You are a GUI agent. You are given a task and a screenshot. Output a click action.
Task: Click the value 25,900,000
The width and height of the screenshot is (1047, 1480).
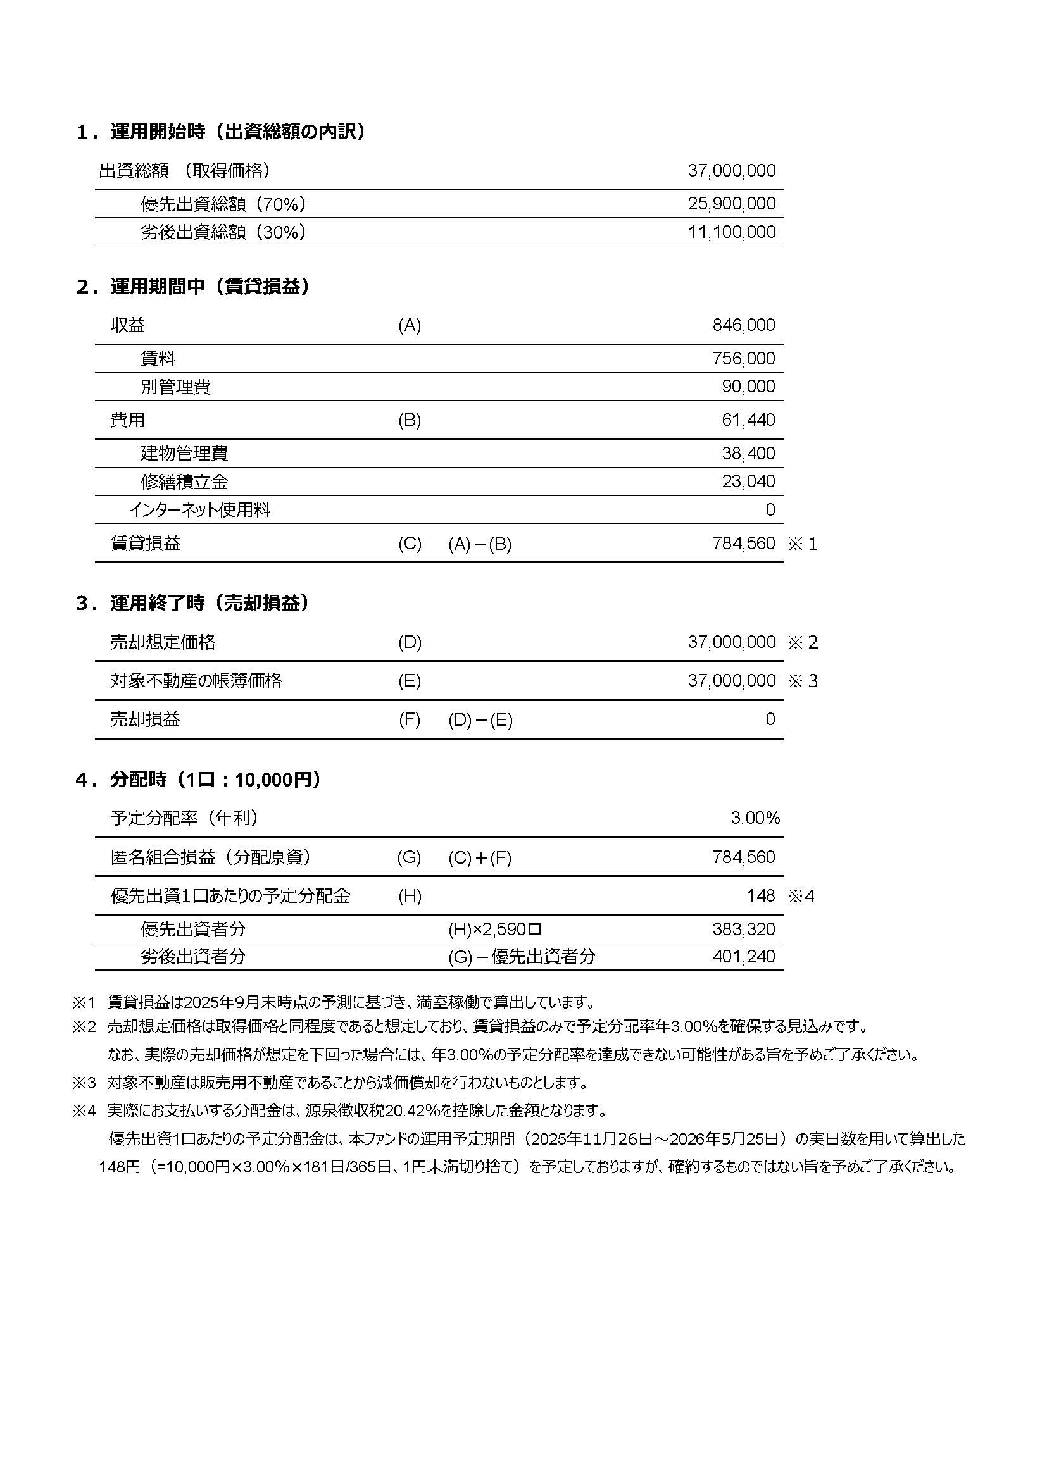pyautogui.click(x=731, y=204)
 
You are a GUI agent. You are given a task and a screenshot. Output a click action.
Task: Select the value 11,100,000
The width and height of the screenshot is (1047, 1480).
pyautogui.click(x=731, y=232)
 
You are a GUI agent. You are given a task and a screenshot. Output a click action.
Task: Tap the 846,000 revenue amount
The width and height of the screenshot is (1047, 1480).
pyautogui.click(x=743, y=325)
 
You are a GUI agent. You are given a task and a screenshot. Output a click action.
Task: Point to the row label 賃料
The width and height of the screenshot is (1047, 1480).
pyautogui.click(x=158, y=358)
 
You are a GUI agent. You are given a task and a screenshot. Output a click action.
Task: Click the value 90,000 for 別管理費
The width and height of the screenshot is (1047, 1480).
pyautogui.click(x=748, y=387)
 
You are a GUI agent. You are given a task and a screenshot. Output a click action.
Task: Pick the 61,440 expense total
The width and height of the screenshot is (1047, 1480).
pyautogui.click(x=748, y=420)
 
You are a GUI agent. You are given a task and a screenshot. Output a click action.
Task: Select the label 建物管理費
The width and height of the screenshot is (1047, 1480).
pyautogui.click(x=184, y=454)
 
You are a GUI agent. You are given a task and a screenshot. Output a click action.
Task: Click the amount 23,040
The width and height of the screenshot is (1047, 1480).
pyautogui.click(x=748, y=482)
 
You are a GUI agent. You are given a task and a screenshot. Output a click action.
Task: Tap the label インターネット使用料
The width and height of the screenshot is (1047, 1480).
pyautogui.click(x=199, y=511)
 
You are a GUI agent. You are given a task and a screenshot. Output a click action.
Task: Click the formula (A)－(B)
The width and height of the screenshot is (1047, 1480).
pyautogui.click(x=480, y=545)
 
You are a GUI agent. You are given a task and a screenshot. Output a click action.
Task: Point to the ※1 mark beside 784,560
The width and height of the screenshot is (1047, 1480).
pyautogui.click(x=803, y=544)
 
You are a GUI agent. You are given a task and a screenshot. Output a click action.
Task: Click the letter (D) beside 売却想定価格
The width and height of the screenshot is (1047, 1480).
pyautogui.click(x=410, y=643)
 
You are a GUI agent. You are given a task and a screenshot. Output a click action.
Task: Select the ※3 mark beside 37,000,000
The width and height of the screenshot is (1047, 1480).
pyautogui.click(x=803, y=681)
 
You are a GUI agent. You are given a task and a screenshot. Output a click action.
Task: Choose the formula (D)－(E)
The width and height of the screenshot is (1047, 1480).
pyautogui.click(x=480, y=720)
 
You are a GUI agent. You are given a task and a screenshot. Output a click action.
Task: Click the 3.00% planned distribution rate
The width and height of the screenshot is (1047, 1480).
pyautogui.click(x=755, y=818)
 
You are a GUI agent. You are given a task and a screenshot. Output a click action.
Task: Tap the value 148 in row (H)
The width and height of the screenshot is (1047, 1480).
pyautogui.click(x=761, y=896)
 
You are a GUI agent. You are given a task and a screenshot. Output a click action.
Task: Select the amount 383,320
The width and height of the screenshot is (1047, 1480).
pyautogui.click(x=743, y=930)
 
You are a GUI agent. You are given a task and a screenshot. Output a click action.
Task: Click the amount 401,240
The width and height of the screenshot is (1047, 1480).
pyautogui.click(x=743, y=957)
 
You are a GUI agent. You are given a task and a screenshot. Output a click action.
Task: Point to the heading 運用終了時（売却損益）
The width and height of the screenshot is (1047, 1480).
pyautogui.click(x=210, y=604)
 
